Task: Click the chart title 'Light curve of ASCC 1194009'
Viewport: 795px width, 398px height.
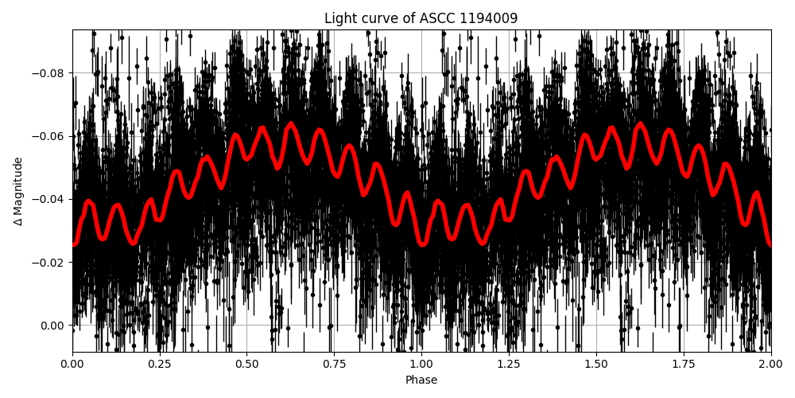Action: pyautogui.click(x=421, y=18)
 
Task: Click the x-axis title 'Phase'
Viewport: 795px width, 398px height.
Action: pyautogui.click(x=421, y=380)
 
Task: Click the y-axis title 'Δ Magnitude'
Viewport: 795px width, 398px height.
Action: pyautogui.click(x=18, y=191)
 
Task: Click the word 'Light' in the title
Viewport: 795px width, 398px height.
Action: pyautogui.click(x=339, y=18)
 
